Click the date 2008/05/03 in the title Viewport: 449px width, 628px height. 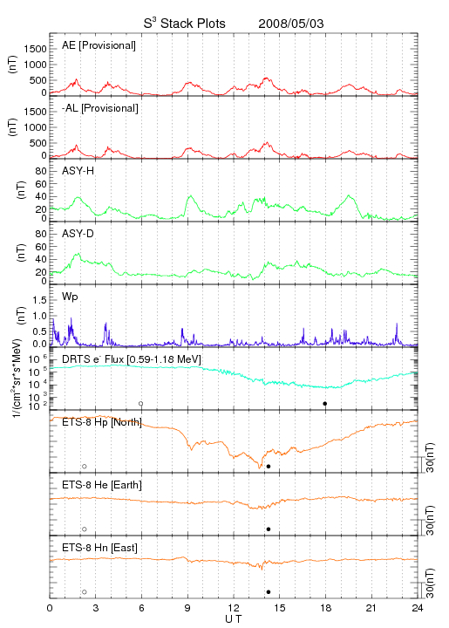point(291,24)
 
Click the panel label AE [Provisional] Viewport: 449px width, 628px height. point(99,45)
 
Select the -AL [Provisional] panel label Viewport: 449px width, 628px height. point(100,108)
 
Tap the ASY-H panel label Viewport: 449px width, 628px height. point(78,171)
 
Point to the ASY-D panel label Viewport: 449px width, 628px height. point(78,234)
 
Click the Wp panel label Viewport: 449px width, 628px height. point(70,297)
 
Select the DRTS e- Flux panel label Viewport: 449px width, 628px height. point(132,359)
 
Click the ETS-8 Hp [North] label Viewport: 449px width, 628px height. point(102,422)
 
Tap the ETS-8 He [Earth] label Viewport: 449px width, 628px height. point(102,485)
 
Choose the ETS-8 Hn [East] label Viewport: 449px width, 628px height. point(99,548)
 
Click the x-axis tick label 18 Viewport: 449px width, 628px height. point(326,608)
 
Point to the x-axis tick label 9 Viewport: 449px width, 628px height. point(187,608)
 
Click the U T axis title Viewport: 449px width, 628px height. point(234,619)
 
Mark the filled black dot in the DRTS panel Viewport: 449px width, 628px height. point(325,404)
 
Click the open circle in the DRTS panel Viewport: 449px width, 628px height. point(141,404)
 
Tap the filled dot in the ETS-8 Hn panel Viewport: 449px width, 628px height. point(269,592)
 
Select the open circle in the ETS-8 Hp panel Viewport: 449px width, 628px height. point(85,467)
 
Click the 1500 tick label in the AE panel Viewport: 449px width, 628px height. point(35,49)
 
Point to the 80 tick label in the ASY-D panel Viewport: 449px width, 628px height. point(41,234)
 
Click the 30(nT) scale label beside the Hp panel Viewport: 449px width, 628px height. point(430,458)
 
